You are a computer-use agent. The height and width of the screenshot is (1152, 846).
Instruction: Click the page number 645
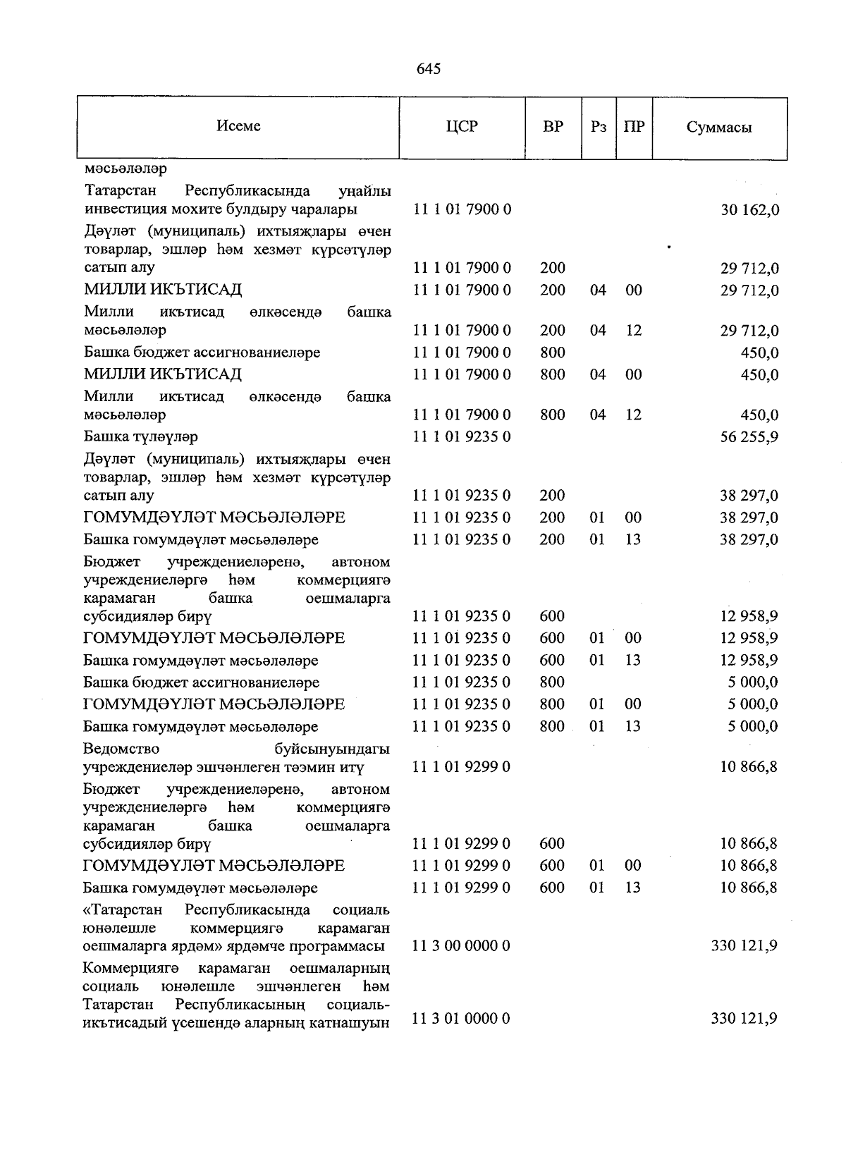point(429,68)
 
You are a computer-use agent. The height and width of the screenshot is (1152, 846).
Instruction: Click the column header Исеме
point(238,126)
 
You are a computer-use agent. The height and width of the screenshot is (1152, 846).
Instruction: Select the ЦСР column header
point(462,127)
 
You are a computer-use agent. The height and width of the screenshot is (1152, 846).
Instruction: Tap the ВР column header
point(553,127)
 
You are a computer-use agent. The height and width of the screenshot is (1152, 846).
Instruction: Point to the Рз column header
point(599,128)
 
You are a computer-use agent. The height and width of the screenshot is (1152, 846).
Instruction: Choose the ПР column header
point(634,128)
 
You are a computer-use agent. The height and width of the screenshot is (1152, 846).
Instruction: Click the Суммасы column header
point(718,128)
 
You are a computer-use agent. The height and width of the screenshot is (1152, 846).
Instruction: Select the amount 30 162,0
point(749,210)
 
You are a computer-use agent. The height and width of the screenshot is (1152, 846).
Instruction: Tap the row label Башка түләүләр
point(141,437)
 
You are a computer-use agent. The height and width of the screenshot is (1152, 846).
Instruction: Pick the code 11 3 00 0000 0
point(461,945)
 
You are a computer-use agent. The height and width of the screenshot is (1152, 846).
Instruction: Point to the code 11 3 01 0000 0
point(461,1019)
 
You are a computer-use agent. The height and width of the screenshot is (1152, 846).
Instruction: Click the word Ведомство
point(121,749)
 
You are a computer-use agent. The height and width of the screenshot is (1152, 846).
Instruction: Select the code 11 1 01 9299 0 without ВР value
point(461,767)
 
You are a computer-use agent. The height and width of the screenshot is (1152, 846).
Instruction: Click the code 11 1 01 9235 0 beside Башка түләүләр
point(461,437)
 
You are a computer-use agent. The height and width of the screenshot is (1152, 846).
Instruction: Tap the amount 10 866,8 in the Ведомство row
point(749,767)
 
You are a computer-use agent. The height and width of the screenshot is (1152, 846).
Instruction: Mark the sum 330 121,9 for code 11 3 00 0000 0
point(744,945)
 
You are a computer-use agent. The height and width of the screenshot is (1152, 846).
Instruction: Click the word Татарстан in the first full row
point(120,191)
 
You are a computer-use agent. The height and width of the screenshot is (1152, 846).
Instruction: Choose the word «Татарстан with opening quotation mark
point(123,909)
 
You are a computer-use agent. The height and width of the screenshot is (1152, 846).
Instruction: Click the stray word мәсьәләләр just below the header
point(125,169)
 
